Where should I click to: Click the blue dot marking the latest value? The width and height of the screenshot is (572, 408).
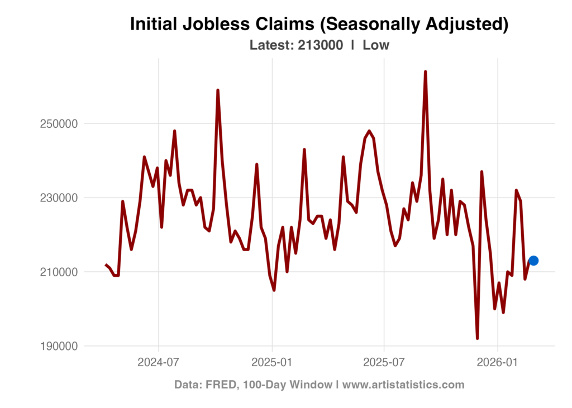[533, 260]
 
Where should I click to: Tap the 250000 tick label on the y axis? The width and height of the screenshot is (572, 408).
[59, 123]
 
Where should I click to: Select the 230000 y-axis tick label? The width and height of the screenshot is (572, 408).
[59, 198]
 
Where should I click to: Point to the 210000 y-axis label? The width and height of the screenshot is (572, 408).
[59, 272]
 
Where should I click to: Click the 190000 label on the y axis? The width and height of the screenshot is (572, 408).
[59, 346]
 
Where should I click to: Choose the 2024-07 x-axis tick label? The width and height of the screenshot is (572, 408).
[159, 362]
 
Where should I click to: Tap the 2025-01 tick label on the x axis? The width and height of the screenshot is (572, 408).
[272, 362]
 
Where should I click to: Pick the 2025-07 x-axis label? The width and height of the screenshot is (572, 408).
[384, 362]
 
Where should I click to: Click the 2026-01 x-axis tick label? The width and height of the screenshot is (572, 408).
[497, 362]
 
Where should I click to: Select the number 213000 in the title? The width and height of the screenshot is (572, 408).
[320, 45]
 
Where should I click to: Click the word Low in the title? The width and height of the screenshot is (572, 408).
[376, 45]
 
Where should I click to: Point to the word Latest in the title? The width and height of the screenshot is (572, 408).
[271, 45]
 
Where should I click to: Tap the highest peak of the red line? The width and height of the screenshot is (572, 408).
[425, 71]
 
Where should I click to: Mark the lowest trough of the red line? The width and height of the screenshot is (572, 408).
[477, 338]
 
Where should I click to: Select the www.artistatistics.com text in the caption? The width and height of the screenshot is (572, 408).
[403, 385]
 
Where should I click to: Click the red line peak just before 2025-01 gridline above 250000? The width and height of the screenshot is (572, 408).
[218, 89]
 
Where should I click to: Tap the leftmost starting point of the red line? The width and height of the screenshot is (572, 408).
[105, 264]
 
